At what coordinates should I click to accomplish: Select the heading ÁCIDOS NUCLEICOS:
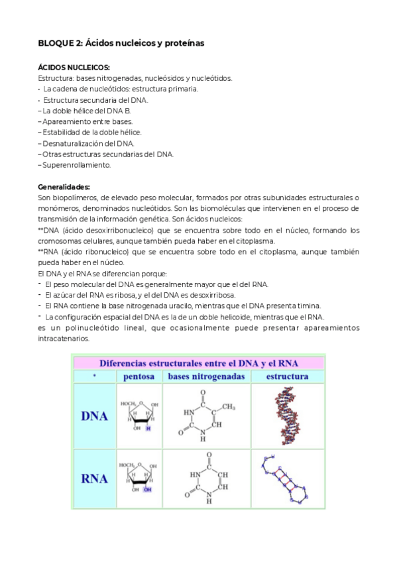pyautogui.click(x=74, y=68)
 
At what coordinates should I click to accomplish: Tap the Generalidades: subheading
pyautogui.click(x=64, y=187)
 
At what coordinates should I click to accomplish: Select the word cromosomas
pyautogui.click(x=60, y=241)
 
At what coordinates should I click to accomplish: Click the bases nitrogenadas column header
pyautogui.click(x=206, y=376)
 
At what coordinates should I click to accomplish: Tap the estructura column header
pyautogui.click(x=288, y=376)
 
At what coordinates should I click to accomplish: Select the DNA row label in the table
pyautogui.click(x=94, y=417)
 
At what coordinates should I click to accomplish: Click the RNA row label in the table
pyautogui.click(x=94, y=478)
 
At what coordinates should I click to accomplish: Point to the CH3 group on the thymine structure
pyautogui.click(x=229, y=406)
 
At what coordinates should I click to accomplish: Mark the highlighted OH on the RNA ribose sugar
pyautogui.click(x=148, y=490)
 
